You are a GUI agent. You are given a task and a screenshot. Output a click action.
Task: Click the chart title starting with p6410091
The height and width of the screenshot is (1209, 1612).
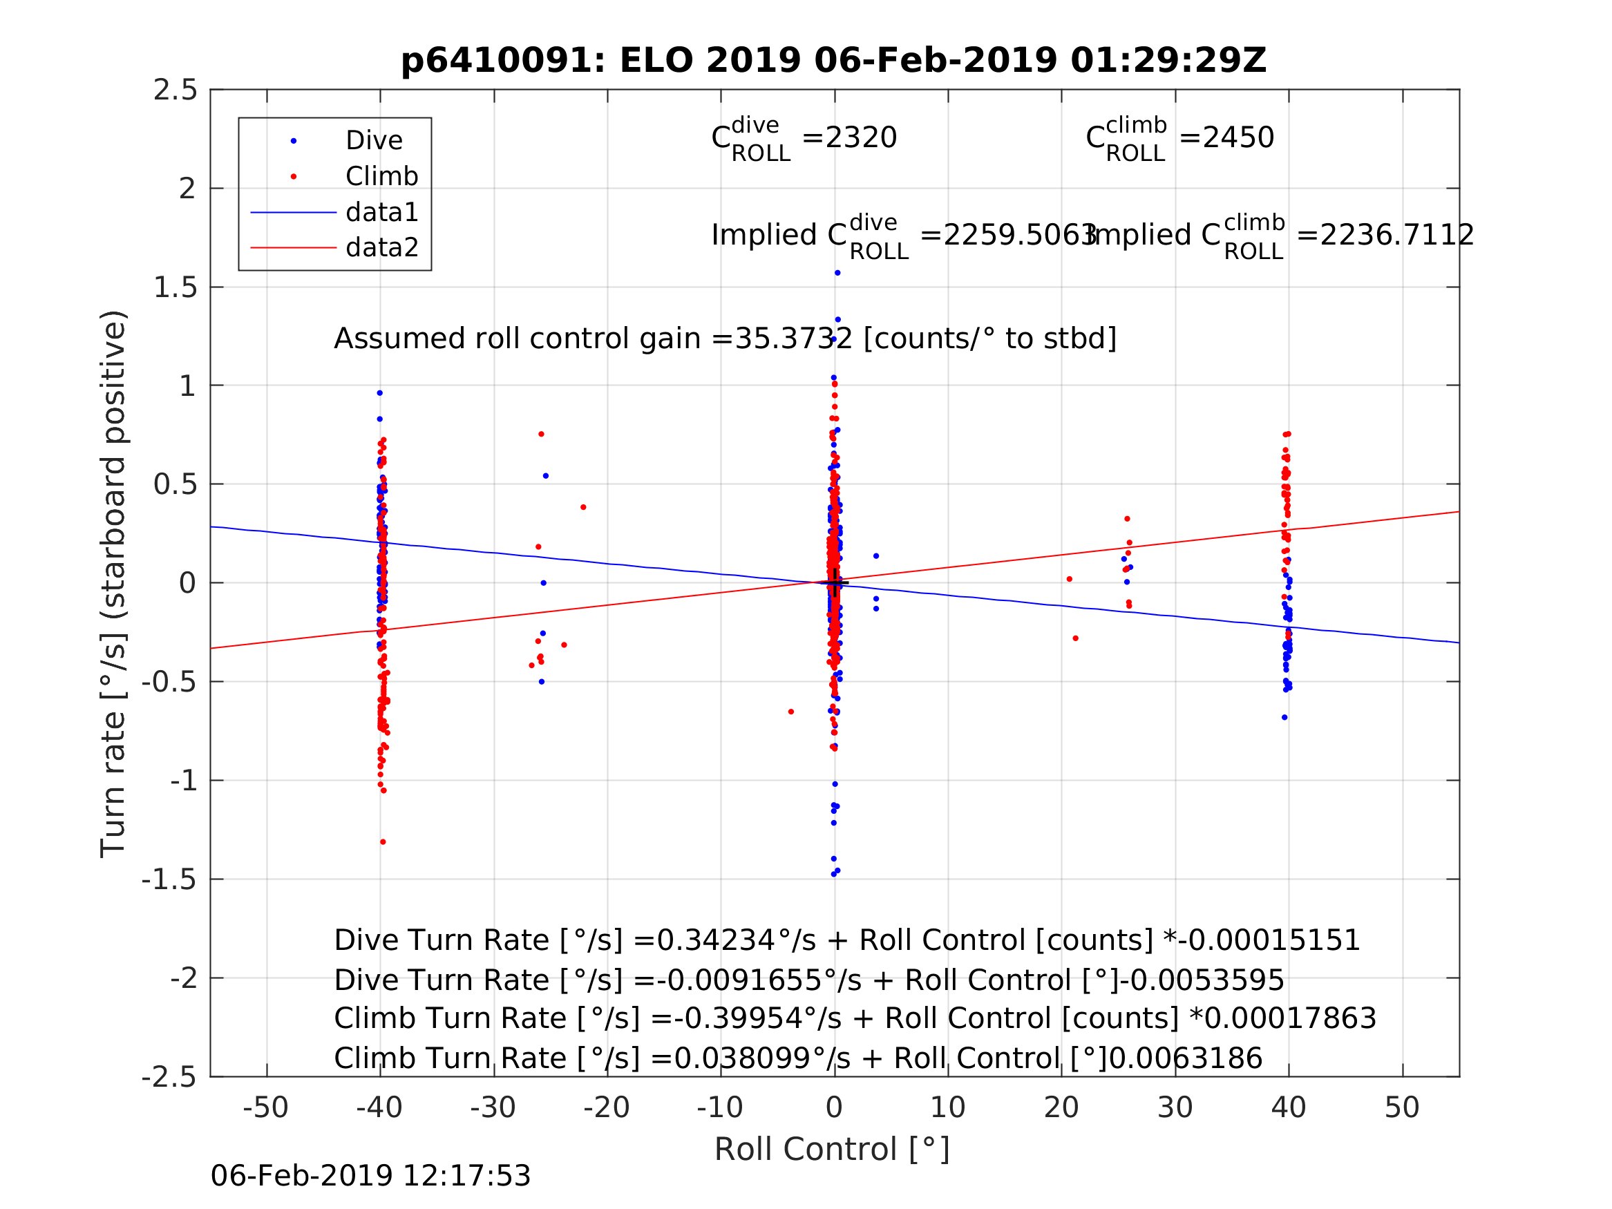coord(833,61)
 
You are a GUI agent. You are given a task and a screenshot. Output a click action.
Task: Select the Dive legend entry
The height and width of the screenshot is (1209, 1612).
coord(374,141)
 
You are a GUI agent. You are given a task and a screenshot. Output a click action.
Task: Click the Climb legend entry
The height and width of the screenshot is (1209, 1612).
coord(382,176)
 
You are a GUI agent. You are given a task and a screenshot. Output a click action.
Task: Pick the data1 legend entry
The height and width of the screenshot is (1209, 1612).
coord(382,212)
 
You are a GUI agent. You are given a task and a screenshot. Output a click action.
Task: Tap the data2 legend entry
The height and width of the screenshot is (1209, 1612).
coord(382,248)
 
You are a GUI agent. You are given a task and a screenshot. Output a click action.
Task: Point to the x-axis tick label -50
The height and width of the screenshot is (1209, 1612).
coord(265,1107)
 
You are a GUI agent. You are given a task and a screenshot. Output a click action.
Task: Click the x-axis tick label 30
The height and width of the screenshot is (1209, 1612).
coord(1174,1107)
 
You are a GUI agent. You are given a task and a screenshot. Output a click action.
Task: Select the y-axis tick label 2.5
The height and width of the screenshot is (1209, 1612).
coord(176,91)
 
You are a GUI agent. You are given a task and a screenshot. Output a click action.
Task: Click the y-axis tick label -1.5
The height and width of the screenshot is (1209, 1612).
coord(169,880)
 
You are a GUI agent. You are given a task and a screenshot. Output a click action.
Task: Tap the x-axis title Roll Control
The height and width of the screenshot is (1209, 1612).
coord(831,1150)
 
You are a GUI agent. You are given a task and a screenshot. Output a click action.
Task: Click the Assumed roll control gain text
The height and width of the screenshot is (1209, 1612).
coord(724,339)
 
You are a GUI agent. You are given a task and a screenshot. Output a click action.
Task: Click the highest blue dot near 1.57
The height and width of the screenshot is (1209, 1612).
coord(837,274)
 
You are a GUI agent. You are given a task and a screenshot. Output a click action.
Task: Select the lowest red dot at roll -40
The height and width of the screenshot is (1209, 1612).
coord(383,842)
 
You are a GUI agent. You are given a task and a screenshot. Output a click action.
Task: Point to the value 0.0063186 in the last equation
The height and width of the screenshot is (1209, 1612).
coord(1185,1059)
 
